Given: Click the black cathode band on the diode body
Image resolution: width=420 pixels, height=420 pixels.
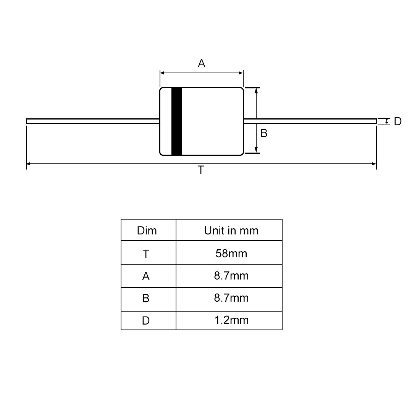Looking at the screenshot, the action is [176, 121].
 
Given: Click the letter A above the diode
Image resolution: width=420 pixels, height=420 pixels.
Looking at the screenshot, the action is [202, 63].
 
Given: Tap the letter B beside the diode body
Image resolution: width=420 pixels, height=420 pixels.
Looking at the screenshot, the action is [264, 133].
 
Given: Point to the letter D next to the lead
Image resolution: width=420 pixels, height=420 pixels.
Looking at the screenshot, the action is [398, 121].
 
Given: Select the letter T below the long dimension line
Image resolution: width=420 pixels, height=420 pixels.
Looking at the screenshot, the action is [201, 170].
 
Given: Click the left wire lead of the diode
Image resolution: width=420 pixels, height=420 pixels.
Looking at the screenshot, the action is [93, 121].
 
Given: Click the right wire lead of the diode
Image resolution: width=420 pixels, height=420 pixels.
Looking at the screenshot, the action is [310, 121].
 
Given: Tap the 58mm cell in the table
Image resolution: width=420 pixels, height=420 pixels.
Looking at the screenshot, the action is [231, 254].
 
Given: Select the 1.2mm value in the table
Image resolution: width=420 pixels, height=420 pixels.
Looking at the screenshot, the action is [231, 320].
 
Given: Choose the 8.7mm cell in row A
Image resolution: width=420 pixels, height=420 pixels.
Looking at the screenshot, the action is [231, 276].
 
